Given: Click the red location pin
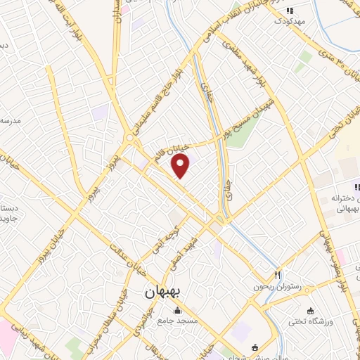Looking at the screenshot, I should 181,165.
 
